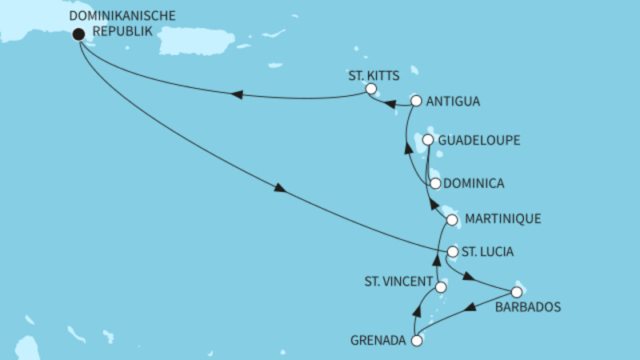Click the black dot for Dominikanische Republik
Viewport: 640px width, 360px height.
point(78,34)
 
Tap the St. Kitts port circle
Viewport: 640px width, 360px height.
point(370,90)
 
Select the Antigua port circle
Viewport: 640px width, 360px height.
point(415,101)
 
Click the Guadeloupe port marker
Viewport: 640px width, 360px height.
point(428,140)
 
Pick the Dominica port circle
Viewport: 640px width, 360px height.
point(435,183)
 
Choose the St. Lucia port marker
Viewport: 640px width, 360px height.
point(453,252)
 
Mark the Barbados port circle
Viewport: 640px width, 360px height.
point(516,292)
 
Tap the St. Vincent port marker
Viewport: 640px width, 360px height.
point(441,286)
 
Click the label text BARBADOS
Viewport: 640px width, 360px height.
point(527,307)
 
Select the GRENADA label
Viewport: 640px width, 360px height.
point(378,340)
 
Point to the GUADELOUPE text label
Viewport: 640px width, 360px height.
point(480,140)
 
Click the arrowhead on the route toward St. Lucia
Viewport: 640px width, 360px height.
point(279,190)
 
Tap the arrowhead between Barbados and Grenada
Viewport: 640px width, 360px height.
point(472,305)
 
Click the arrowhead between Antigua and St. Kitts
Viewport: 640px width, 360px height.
point(390,103)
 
